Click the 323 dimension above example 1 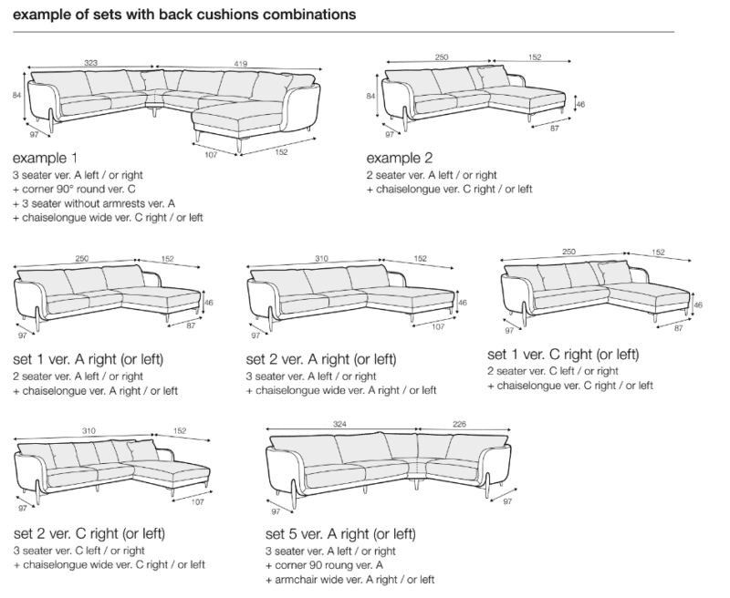[x=90, y=63]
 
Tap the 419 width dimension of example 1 [x=240, y=64]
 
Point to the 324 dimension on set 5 [x=339, y=424]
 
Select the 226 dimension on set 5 [x=459, y=424]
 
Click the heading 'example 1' [x=45, y=159]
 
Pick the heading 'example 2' [x=400, y=159]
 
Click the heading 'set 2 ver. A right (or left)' [x=321, y=359]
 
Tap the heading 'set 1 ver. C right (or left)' [x=563, y=355]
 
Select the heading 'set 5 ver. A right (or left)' [x=340, y=534]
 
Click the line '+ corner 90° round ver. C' [x=74, y=190]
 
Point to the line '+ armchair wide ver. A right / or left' [x=350, y=580]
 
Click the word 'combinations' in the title [x=309, y=15]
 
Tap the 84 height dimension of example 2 [x=370, y=97]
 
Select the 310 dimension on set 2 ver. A [x=321, y=259]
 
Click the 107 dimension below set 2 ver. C [x=197, y=502]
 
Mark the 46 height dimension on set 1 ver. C [x=698, y=305]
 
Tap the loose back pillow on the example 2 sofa [x=493, y=77]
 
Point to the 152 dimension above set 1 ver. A [x=168, y=259]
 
